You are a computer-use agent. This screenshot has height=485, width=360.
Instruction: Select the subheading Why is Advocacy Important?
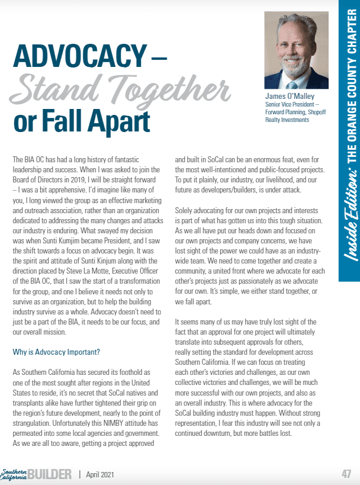[56, 352]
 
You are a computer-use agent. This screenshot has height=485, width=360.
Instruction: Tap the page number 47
[346, 474]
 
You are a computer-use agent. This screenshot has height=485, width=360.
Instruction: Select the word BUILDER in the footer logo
[53, 474]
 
